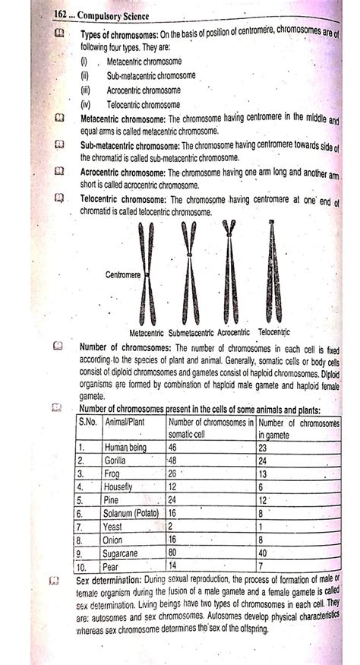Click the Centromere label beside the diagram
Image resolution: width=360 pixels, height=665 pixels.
(x=125, y=274)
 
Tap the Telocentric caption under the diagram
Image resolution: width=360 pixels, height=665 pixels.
(x=274, y=332)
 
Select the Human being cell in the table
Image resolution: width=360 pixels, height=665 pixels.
(x=126, y=447)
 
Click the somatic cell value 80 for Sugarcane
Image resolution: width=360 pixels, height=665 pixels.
(x=175, y=553)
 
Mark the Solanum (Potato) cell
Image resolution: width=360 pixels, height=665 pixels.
(x=133, y=513)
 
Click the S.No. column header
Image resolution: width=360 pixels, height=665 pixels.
(x=90, y=421)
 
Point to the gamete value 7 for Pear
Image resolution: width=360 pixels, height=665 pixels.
(x=262, y=566)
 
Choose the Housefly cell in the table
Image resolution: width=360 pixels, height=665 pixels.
(x=121, y=486)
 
